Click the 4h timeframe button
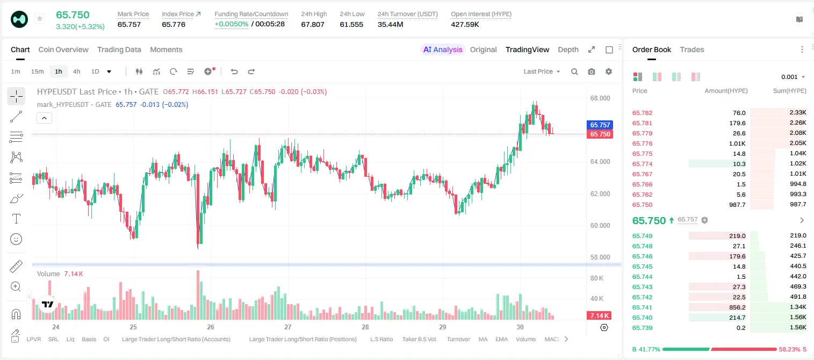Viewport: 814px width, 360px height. click(76, 71)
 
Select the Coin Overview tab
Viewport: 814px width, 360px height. click(63, 49)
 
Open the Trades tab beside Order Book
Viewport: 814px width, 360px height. click(692, 49)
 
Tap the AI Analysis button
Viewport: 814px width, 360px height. click(443, 49)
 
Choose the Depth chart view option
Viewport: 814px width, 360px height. click(568, 49)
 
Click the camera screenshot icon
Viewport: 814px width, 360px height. click(592, 71)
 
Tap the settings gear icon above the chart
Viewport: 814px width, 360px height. click(609, 71)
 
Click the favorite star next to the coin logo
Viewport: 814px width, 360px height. click(40, 18)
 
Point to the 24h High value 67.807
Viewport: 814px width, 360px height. click(313, 24)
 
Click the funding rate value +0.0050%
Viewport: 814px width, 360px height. click(232, 24)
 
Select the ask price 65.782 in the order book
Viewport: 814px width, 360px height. click(642, 113)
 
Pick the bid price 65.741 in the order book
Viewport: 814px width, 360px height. click(642, 307)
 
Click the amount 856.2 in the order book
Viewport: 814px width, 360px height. click(737, 307)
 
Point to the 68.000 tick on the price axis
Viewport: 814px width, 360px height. click(600, 98)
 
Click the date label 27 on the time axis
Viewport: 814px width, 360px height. click(288, 327)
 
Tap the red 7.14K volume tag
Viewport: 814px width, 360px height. click(599, 315)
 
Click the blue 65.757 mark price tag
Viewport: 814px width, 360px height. click(600, 125)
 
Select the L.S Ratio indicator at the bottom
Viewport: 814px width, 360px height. click(381, 339)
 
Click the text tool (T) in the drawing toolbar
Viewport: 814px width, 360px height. click(16, 219)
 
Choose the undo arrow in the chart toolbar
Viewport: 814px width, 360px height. click(234, 71)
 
